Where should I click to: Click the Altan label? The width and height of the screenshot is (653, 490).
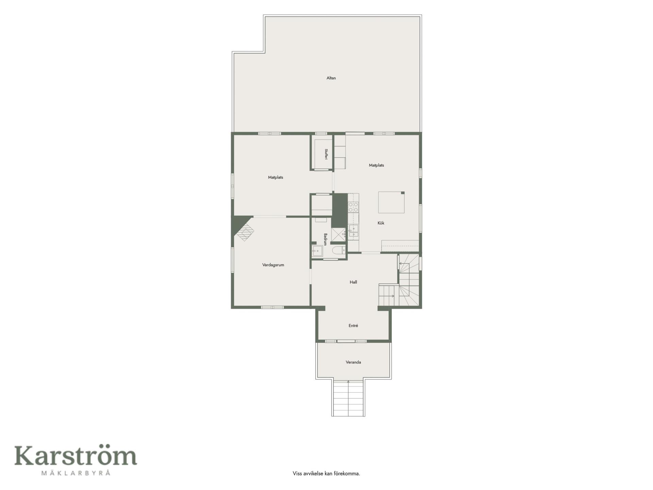[331, 78]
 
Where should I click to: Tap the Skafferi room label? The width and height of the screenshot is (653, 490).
[326, 154]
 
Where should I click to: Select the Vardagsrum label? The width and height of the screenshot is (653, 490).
[273, 265]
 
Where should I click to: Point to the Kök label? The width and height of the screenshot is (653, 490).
[381, 223]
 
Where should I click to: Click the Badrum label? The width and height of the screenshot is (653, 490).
[325, 239]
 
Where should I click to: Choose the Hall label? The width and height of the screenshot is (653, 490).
[353, 282]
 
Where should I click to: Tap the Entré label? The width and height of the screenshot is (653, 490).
[353, 326]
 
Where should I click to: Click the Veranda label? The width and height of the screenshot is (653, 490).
[353, 362]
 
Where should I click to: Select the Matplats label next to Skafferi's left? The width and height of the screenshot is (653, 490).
[275, 177]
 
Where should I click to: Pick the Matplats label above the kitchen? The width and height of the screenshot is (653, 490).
[376, 165]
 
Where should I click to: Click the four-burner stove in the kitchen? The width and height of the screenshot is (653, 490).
[353, 207]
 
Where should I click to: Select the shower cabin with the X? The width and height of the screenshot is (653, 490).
[338, 234]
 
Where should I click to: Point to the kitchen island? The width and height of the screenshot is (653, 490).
[391, 202]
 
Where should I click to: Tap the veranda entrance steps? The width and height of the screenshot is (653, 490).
[348, 397]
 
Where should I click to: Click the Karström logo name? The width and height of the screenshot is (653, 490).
[76, 456]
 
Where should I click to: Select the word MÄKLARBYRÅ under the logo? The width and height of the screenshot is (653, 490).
[76, 473]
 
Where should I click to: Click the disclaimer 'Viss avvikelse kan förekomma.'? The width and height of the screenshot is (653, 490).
[326, 473]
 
